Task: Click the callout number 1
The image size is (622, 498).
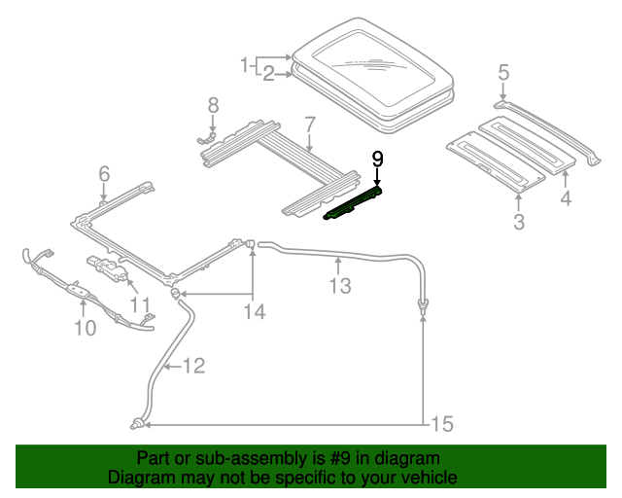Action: [246, 65]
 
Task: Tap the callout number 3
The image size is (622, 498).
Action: [518, 222]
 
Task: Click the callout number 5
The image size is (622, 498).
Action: [503, 71]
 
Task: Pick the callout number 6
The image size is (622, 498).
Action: [104, 174]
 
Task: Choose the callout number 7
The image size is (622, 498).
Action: [309, 124]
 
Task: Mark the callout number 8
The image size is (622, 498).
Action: [213, 104]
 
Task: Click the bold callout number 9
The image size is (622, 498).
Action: [377, 159]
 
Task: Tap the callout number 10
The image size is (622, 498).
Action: [85, 328]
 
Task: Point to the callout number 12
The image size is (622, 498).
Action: [193, 366]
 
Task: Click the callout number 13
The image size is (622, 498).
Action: [339, 285]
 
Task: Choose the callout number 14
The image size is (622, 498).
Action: [253, 311]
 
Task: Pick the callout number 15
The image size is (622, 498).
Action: [441, 424]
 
